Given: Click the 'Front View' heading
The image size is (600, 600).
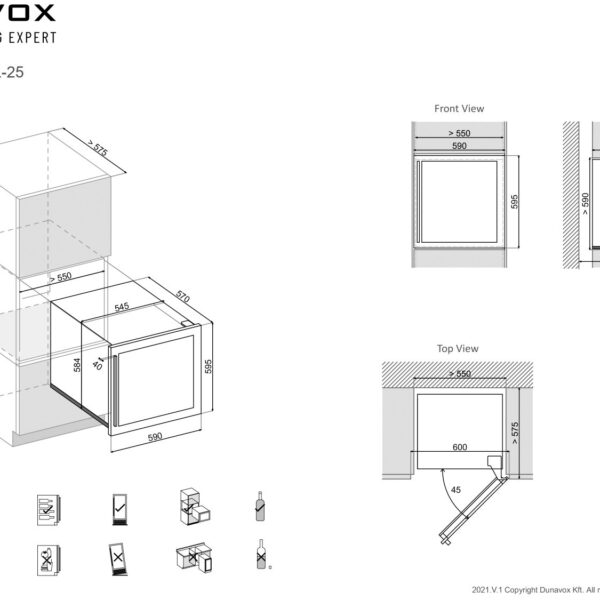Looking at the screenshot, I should point(459,108).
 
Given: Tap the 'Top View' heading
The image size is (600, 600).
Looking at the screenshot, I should point(459,348).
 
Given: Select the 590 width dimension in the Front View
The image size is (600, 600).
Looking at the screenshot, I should point(459,146).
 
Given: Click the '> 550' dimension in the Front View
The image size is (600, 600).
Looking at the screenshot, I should point(459,132).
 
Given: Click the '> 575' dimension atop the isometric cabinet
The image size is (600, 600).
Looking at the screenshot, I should point(96,148).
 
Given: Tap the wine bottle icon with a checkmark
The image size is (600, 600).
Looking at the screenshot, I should point(259,507).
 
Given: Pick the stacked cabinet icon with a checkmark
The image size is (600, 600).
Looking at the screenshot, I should point(192,507).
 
